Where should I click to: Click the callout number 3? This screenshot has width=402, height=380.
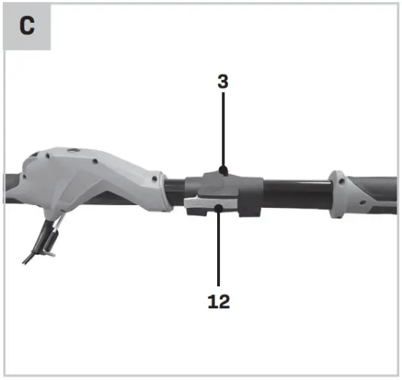click(222, 81)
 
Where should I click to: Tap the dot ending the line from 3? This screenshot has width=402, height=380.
click(222, 171)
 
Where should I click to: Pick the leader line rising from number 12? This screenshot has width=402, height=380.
click(219, 249)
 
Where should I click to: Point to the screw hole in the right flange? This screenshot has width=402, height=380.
click(340, 178)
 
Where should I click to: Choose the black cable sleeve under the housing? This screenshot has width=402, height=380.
click(51, 236)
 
